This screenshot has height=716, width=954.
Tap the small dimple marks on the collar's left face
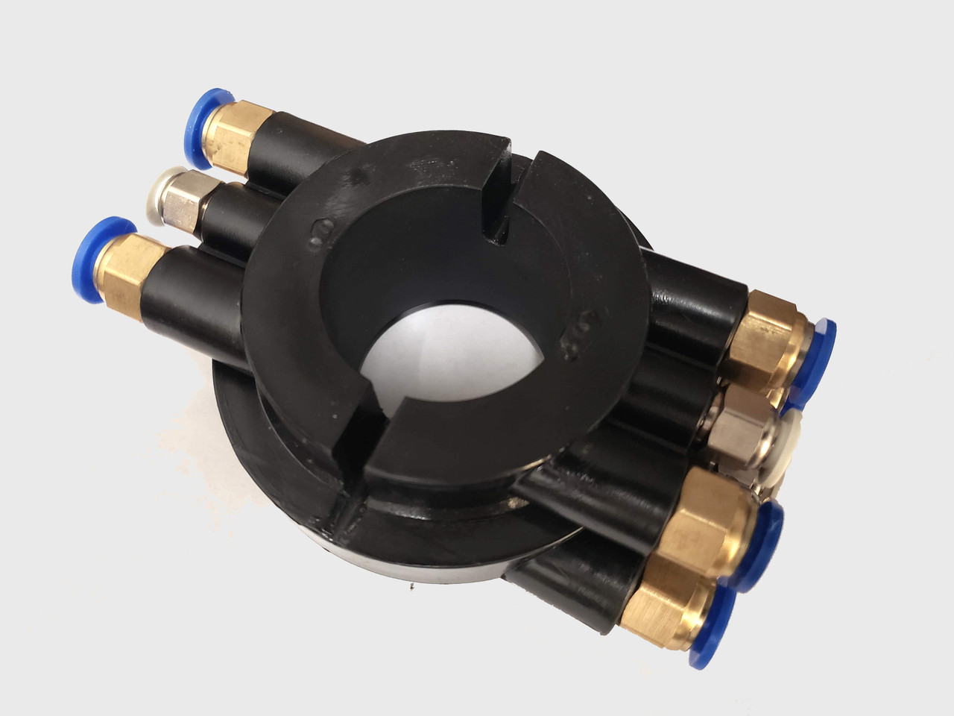pos(319,233)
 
